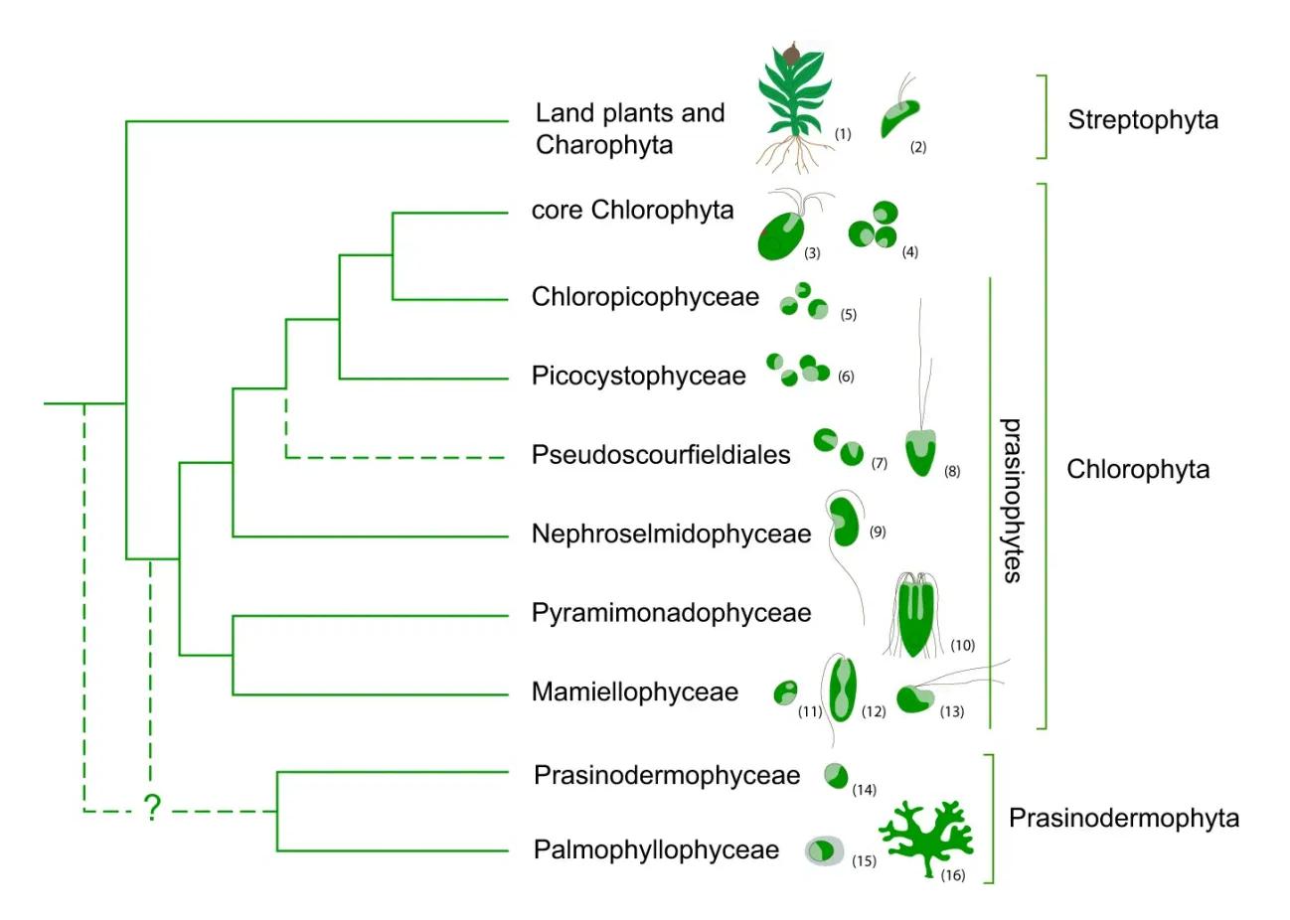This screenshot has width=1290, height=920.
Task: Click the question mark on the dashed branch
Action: pos(152,808)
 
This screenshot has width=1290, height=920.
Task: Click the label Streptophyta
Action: pos(1142,120)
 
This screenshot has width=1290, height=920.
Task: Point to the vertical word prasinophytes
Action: pos(1011,500)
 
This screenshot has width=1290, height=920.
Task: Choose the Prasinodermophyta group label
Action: pos(1123,818)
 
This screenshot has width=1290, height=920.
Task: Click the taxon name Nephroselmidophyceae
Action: pos(671,534)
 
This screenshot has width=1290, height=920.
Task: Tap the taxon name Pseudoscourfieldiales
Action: pos(661,455)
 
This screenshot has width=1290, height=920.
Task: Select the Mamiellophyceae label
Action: pos(634,691)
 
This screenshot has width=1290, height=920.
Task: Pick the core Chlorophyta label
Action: pos(632,211)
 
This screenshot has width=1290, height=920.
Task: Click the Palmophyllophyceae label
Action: pos(656,850)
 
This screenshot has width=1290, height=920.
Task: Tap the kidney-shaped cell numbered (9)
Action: pos(845,521)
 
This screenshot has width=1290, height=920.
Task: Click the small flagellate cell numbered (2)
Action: pos(899,118)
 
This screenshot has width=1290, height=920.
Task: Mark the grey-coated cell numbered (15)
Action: pos(824,850)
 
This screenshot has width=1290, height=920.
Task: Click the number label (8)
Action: pos(952,472)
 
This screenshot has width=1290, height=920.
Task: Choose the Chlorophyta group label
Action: pos(1138,469)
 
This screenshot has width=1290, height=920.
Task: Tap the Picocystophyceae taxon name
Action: pos(638,377)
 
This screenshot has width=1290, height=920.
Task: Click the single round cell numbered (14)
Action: pos(836,775)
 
